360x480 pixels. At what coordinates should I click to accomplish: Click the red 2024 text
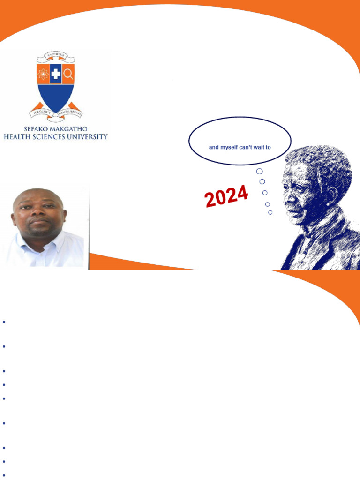click(226, 196)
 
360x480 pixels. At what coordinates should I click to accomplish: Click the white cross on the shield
click(56, 74)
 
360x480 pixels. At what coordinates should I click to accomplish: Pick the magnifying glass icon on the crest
click(68, 74)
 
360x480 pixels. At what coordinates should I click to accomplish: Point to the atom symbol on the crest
click(43, 74)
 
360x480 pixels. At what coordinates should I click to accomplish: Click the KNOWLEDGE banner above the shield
click(56, 56)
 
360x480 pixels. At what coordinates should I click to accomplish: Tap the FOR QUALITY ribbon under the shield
click(41, 112)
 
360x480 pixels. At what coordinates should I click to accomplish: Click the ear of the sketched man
click(332, 193)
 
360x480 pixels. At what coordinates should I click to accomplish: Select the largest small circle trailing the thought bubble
click(259, 171)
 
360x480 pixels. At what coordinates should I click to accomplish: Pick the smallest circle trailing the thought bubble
click(270, 212)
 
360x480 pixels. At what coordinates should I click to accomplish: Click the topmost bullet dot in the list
click(4, 322)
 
